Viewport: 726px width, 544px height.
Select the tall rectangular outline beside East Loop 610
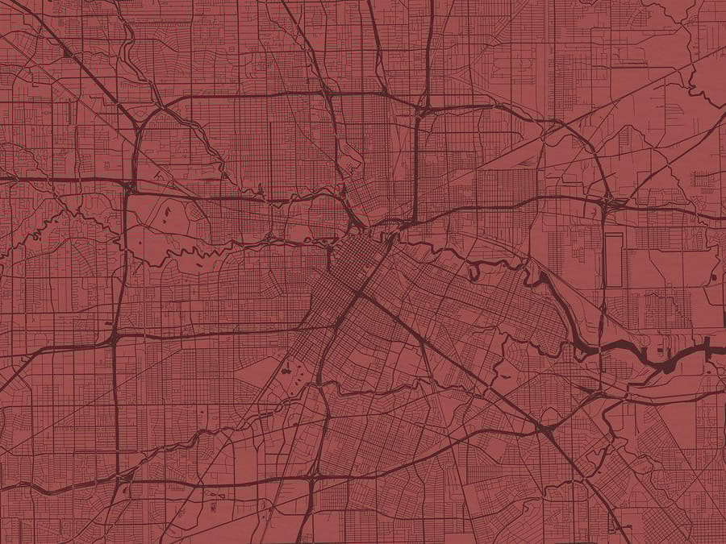coord(614,260)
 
